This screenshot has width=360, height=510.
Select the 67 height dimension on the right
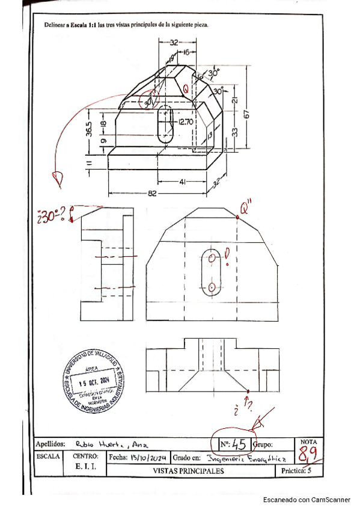(x=247, y=113)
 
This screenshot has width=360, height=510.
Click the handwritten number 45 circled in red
(x=239, y=444)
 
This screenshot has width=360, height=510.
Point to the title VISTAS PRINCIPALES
(x=188, y=471)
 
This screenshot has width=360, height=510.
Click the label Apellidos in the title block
(x=51, y=444)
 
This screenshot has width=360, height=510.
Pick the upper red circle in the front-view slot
(x=212, y=257)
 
